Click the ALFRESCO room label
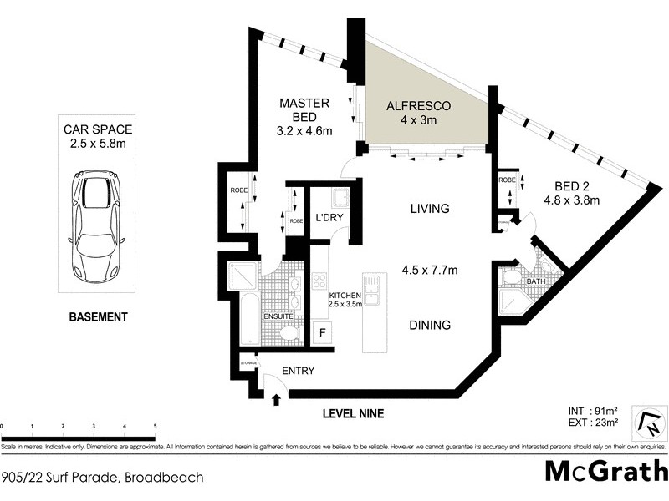point(418,107)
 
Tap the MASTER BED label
point(304,103)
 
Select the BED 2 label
point(571,186)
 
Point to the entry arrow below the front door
point(277,402)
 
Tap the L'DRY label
point(329,219)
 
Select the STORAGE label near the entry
point(248,363)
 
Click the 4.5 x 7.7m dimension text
point(430,270)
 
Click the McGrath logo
point(606,472)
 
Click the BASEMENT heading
point(99,317)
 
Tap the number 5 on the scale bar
point(155,426)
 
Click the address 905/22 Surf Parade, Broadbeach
point(101,478)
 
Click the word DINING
point(430,326)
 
